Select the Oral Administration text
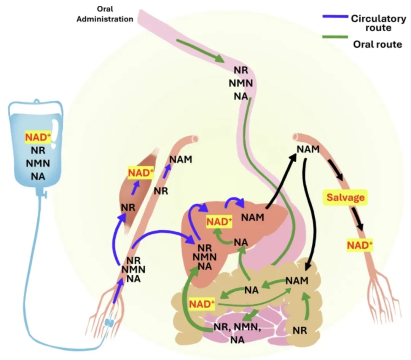pos(105,14)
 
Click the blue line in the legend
pos(335,17)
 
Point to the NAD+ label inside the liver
pos(219,221)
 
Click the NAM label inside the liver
pos(253,218)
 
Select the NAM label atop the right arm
pos(308,149)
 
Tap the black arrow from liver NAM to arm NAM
pos(281,181)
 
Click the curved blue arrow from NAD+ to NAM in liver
pos(236,201)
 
